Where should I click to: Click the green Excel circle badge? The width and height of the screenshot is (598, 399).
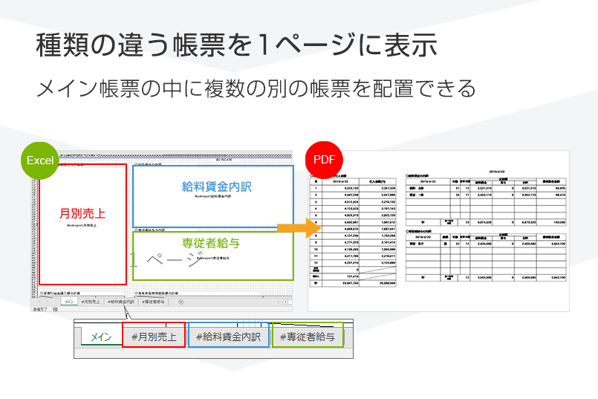(39, 160)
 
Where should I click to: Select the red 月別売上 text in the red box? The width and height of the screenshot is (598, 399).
(82, 213)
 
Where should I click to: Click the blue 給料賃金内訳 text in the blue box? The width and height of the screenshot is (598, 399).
(216, 186)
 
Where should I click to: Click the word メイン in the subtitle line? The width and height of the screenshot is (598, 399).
(67, 88)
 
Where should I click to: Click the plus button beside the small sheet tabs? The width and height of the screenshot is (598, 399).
(181, 302)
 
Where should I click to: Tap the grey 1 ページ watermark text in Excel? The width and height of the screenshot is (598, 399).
(166, 259)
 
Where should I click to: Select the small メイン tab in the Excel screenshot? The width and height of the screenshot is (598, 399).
(68, 302)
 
